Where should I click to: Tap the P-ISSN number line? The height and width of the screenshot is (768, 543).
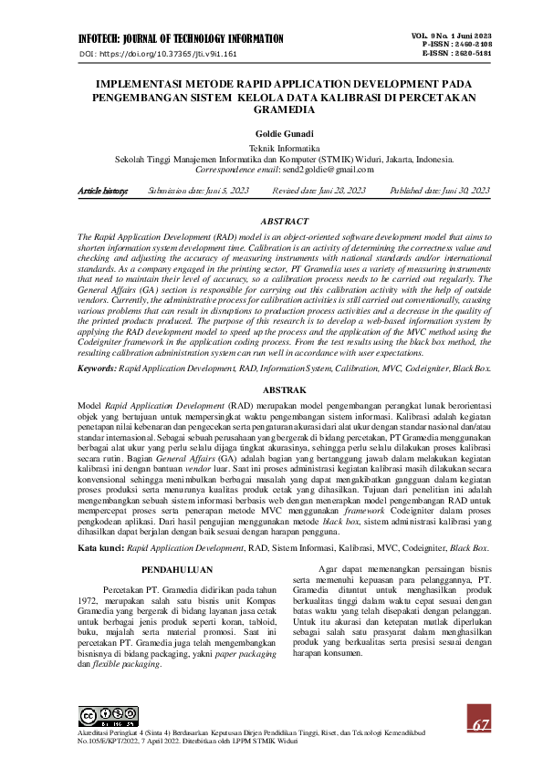[x=456, y=44]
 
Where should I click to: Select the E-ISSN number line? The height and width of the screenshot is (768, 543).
[x=456, y=54]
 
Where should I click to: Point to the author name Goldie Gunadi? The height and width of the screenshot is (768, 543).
[x=271, y=133]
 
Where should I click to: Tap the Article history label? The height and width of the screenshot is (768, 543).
[x=103, y=191]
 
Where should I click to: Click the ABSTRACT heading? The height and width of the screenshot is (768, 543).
[x=271, y=222]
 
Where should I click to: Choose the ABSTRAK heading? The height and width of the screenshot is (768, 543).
[x=271, y=389]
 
